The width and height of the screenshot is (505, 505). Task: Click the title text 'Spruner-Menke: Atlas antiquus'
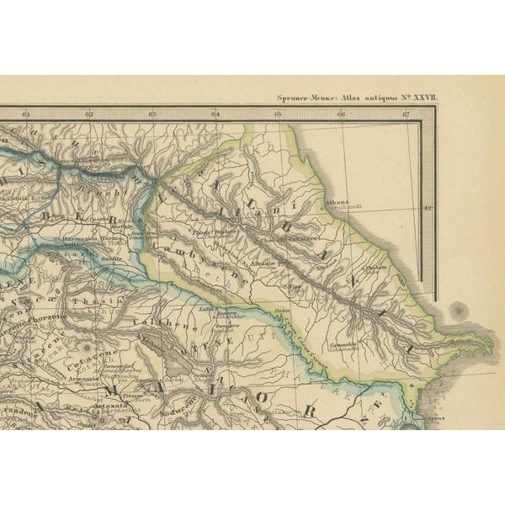[x=337, y=98]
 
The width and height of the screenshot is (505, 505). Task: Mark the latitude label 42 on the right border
[x=428, y=206]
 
